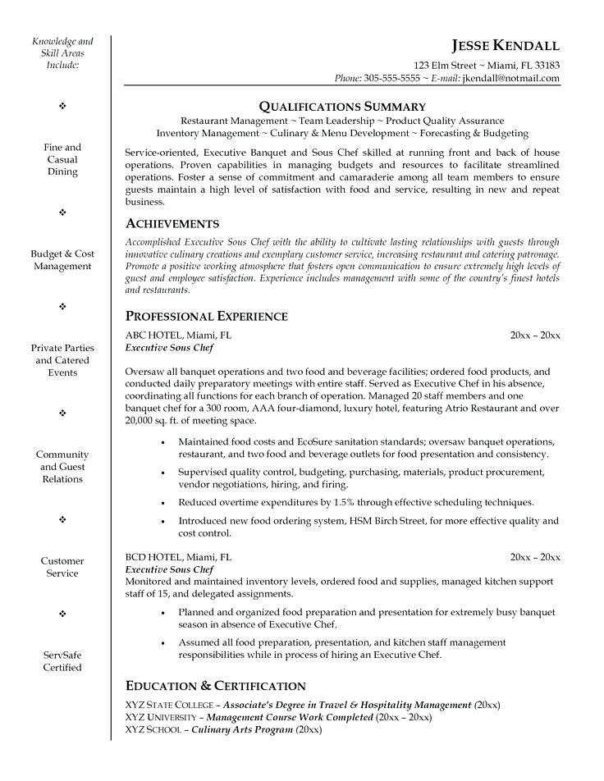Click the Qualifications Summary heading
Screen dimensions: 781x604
coord(342,106)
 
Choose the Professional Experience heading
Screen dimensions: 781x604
coord(206,316)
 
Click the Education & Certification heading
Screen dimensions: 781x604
coord(215,685)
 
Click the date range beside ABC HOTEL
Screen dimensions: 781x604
coord(534,335)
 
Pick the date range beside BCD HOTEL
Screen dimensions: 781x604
coord(534,557)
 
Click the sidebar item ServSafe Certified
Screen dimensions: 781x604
coord(62,661)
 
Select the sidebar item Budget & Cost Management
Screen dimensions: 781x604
coord(62,260)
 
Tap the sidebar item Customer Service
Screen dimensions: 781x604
coord(62,567)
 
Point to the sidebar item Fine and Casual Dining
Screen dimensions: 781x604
coord(62,159)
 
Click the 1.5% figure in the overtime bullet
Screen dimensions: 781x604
coord(331,502)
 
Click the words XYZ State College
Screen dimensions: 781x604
coord(170,705)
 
